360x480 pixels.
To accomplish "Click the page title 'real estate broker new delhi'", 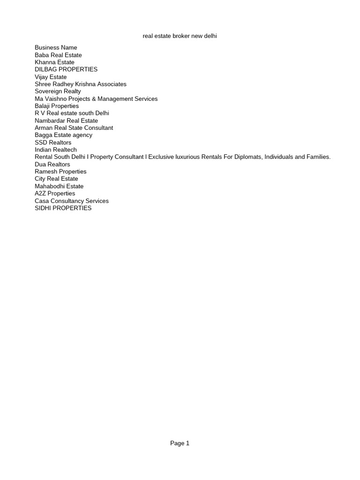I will [x=180, y=36].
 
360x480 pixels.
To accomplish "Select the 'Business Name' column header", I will [x=56, y=47].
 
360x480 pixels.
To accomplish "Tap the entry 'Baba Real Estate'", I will [x=58, y=55].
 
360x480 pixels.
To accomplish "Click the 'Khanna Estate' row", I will [x=54, y=62].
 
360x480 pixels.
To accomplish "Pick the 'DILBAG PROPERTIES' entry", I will [x=66, y=69].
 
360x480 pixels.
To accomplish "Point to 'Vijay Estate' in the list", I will [x=51, y=77].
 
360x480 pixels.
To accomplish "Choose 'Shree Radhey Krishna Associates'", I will [x=81, y=84].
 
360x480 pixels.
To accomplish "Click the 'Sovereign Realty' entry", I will [x=58, y=91].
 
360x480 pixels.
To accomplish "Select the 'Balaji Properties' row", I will [x=57, y=106].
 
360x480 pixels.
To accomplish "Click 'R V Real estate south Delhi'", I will [x=72, y=113].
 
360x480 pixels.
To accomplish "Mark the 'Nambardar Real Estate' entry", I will [x=66, y=121].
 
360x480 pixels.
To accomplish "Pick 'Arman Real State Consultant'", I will [x=74, y=128].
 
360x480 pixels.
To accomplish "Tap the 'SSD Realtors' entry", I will [x=53, y=142].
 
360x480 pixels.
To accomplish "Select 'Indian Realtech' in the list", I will [x=56, y=150].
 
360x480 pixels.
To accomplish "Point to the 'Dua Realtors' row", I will [x=52, y=165].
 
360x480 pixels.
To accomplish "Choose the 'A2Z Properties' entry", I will [x=55, y=194].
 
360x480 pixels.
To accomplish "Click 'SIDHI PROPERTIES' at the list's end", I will [x=63, y=208].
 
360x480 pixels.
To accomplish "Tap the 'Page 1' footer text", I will [x=180, y=443].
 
